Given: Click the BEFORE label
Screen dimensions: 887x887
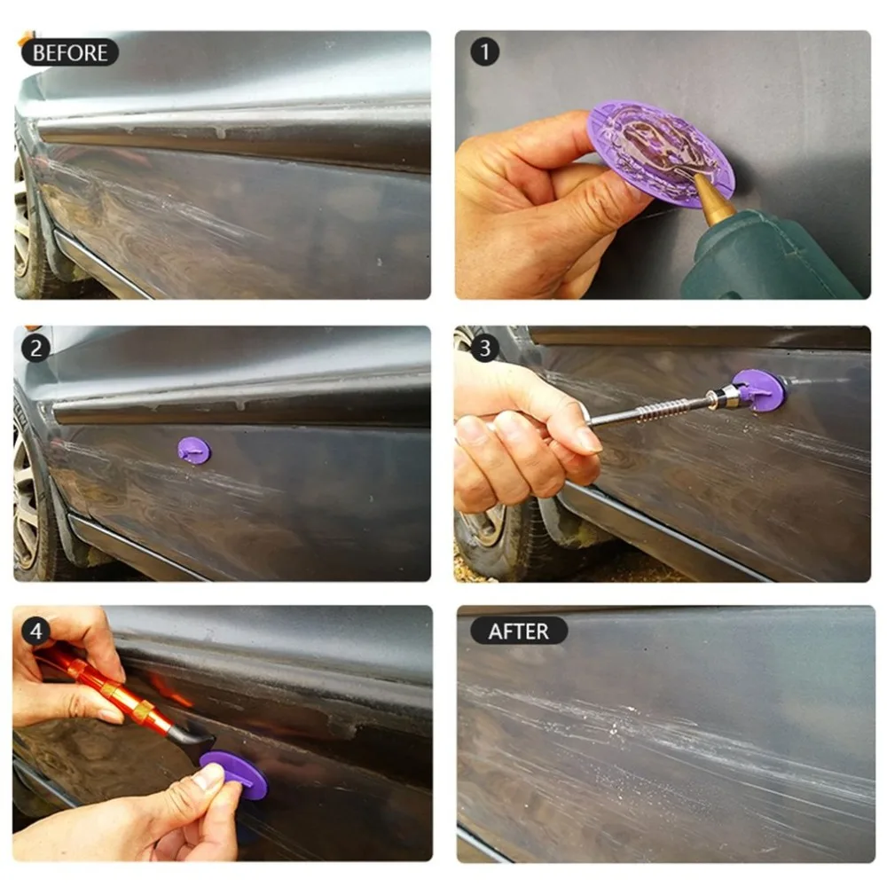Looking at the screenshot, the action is tap(70, 52).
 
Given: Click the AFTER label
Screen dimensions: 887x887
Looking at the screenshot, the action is tap(519, 631).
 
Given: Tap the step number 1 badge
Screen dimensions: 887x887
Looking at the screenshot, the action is tap(485, 52).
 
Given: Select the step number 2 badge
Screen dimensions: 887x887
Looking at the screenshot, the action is tap(36, 348).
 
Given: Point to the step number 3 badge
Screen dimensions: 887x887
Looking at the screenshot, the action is tap(485, 348).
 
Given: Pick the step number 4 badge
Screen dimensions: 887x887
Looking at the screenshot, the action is tap(36, 631).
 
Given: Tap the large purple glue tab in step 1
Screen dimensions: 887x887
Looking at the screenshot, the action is tap(662, 152).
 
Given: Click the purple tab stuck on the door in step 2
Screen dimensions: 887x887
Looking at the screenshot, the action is tap(194, 451).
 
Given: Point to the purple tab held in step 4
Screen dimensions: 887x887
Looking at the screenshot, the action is tap(235, 773).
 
